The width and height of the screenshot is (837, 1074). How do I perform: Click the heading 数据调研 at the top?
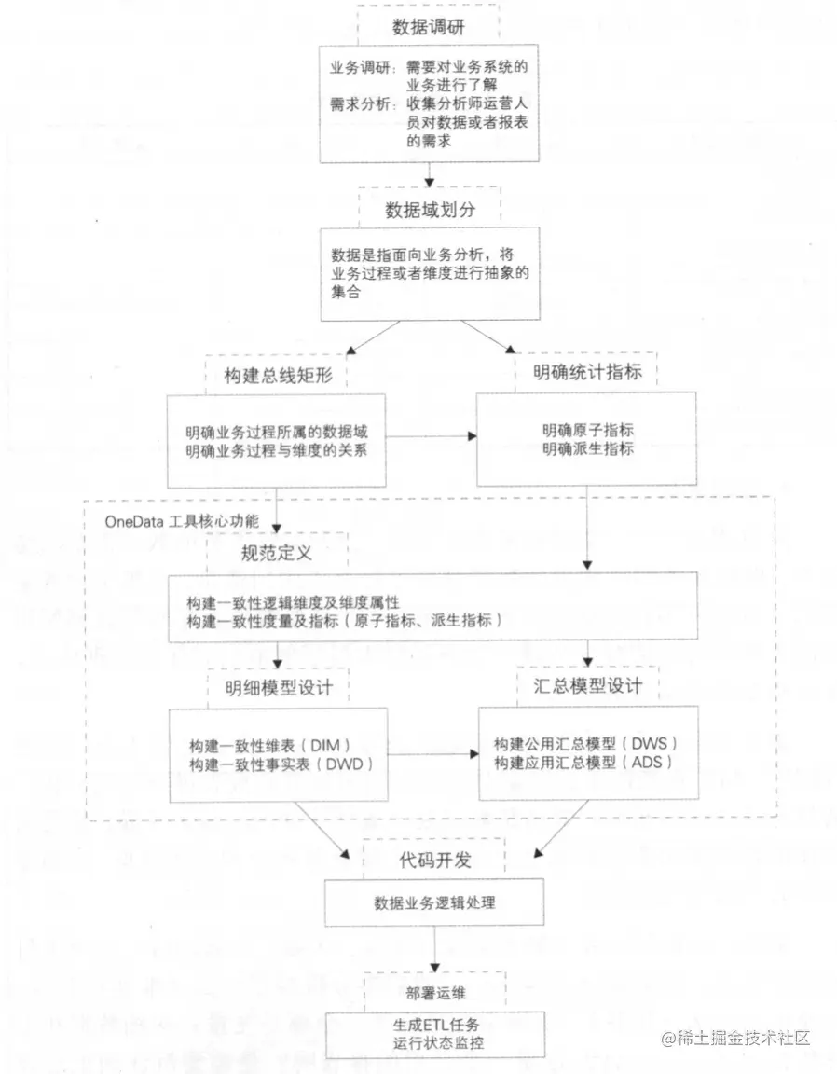pos(429,26)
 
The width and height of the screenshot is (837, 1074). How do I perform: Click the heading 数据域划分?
pos(430,209)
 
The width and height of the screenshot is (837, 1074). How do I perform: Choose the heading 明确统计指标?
pos(587,373)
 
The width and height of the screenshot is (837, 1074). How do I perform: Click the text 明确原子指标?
pos(588,431)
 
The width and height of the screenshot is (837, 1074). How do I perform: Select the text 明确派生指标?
pos(588,449)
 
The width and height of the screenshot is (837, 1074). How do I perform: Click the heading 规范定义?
pos(276,552)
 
